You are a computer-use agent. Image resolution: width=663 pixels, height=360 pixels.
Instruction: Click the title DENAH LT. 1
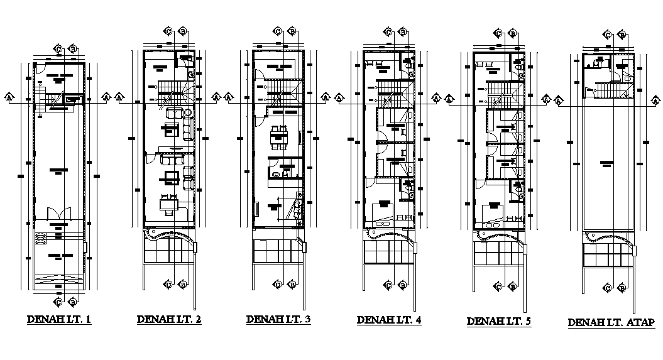click(60, 320)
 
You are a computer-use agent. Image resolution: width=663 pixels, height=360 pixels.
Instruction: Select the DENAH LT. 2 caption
click(169, 320)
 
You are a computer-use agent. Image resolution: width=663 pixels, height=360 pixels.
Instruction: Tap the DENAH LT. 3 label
click(278, 319)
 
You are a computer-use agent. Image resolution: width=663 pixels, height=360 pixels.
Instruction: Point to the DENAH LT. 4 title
click(389, 320)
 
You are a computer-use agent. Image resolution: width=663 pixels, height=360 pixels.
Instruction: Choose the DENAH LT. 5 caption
click(499, 321)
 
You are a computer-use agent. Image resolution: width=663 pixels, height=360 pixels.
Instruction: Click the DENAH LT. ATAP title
click(611, 322)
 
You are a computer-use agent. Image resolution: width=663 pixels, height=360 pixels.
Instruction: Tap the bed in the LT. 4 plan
click(383, 210)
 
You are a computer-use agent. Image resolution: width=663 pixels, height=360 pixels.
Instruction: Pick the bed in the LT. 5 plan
click(493, 211)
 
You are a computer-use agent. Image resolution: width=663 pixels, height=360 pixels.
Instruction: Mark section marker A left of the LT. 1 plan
click(9, 97)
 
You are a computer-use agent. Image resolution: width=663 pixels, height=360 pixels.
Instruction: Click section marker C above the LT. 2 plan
click(168, 30)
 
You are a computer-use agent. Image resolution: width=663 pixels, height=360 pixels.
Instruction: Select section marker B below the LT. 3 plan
click(292, 285)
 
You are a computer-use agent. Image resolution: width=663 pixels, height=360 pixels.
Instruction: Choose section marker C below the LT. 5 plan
click(498, 287)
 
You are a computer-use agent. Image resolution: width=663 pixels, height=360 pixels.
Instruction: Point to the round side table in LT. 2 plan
click(188, 112)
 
